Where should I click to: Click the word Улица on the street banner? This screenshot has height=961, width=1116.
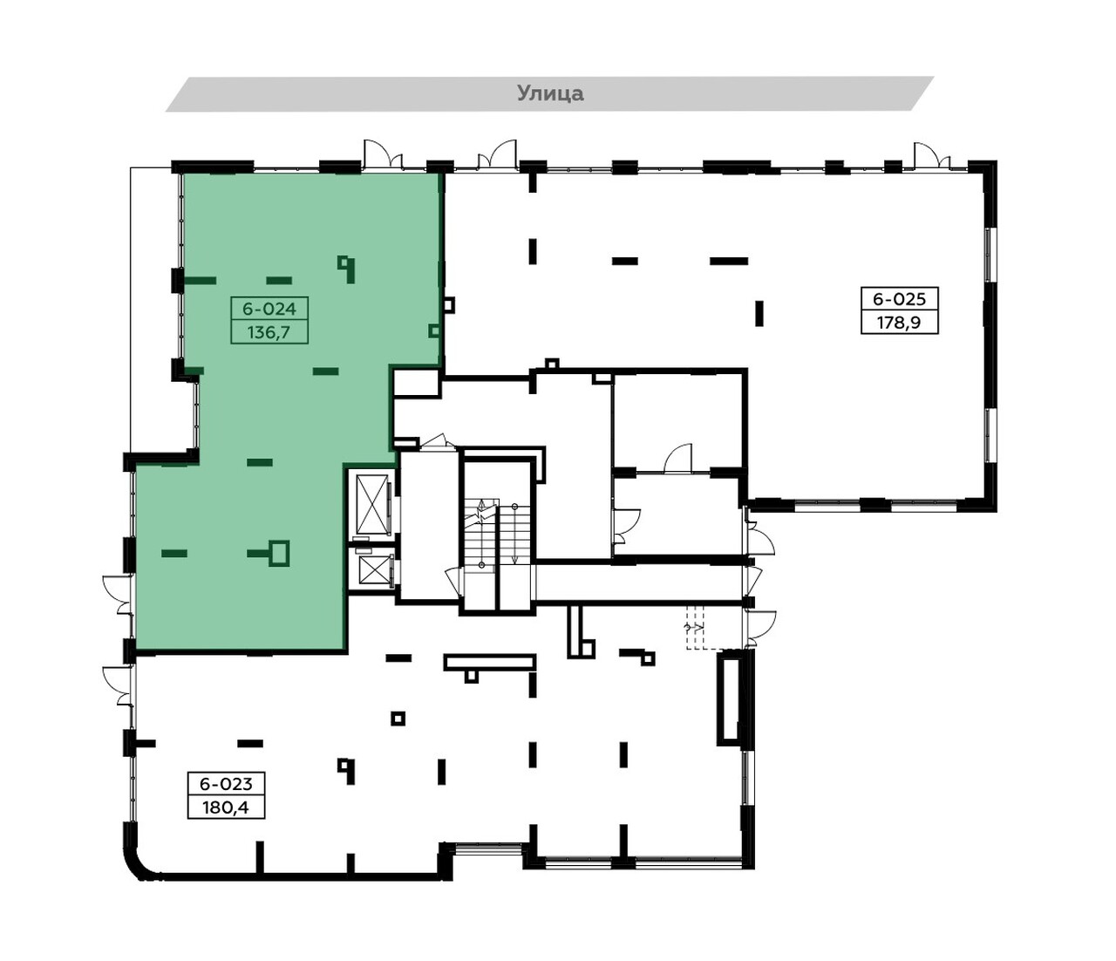point(550,93)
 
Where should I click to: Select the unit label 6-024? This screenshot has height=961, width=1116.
point(269,309)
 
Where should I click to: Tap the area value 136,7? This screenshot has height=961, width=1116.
point(269,332)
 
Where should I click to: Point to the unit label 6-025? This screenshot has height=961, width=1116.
point(900,298)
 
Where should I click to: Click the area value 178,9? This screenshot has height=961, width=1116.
point(900,323)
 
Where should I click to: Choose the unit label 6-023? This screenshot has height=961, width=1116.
point(226,783)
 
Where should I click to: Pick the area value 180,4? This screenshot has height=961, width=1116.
point(226,808)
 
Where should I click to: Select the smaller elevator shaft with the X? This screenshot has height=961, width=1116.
point(373,569)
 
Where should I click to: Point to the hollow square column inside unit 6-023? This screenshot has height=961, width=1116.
point(398,719)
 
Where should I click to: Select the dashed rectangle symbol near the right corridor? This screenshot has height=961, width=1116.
point(696,627)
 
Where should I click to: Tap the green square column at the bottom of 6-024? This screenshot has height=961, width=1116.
point(279,554)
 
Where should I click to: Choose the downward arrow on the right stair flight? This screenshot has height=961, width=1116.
point(514,534)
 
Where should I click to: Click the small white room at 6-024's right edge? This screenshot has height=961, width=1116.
point(416,383)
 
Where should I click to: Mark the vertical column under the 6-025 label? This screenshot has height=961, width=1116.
point(759,313)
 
